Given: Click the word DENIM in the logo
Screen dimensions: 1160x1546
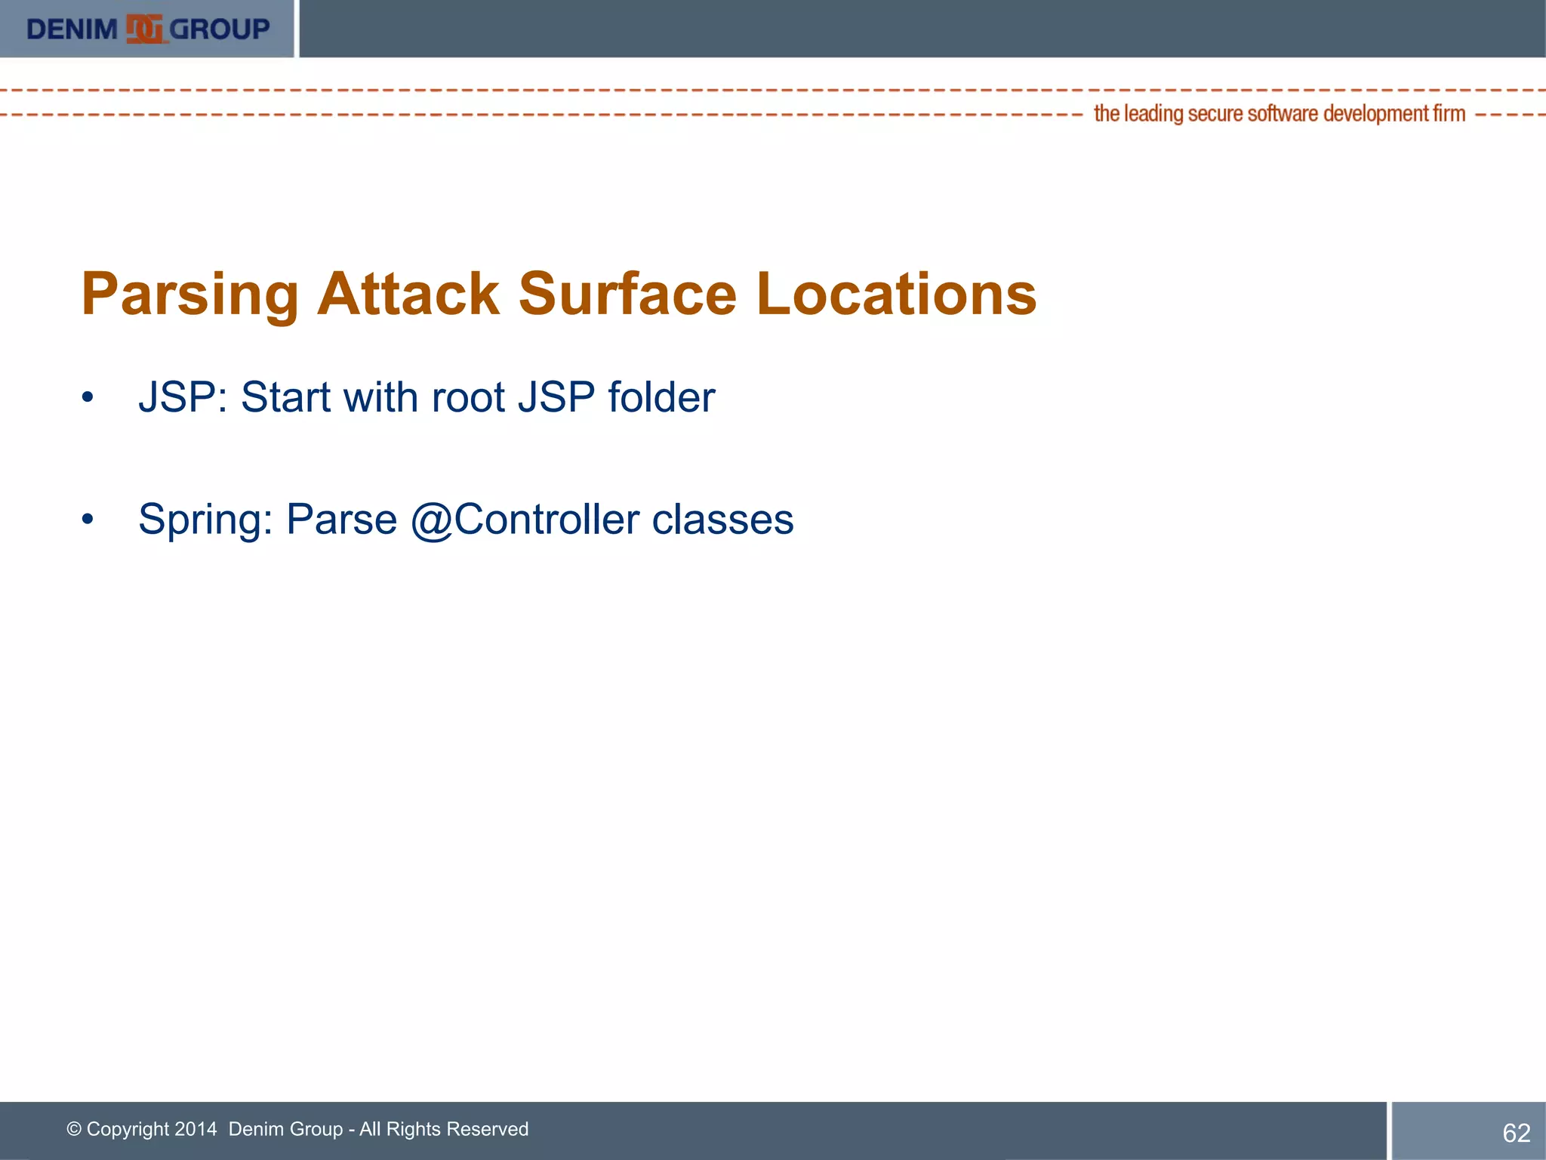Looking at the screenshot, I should (x=72, y=29).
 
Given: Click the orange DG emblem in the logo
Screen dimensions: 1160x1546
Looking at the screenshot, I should (x=144, y=29).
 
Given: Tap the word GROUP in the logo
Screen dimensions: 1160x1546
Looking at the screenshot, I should (x=220, y=29).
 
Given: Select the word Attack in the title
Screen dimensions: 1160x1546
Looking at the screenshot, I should (x=408, y=294).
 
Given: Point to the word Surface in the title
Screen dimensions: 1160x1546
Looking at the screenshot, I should (x=627, y=294).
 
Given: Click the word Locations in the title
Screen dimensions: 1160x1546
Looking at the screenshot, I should (x=896, y=294).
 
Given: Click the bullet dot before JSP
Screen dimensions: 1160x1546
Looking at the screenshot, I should (x=88, y=397).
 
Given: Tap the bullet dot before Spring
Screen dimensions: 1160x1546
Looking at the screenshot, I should (x=88, y=520).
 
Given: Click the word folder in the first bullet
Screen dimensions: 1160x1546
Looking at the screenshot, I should (x=661, y=397).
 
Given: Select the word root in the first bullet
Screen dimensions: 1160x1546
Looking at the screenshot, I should (x=468, y=397).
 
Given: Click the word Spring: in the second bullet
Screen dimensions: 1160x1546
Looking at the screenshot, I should (x=205, y=520).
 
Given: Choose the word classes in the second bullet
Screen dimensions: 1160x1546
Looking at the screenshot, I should (x=722, y=520).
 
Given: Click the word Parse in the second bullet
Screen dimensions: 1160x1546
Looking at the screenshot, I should (x=341, y=520).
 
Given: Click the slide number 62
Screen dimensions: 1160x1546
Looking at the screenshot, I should (x=1516, y=1133).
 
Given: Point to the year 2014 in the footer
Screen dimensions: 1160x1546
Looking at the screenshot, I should (x=196, y=1129).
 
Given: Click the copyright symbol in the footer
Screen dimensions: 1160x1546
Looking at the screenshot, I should (x=74, y=1129).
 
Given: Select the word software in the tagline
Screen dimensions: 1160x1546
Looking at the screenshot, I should (x=1283, y=114).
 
